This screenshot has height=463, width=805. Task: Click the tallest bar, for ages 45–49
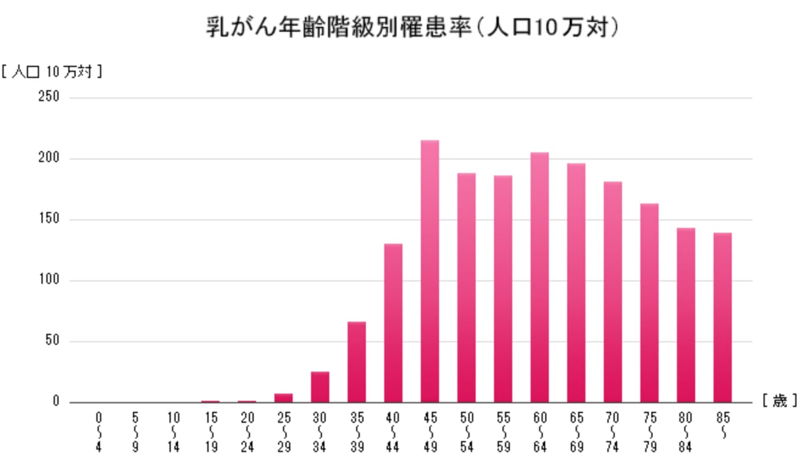429,271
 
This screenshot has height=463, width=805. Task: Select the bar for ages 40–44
393,323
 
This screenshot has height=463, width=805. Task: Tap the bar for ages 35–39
356,362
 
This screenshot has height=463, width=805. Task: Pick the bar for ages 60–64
539,277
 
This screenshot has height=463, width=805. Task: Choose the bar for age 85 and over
722,317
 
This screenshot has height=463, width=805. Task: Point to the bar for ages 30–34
320,387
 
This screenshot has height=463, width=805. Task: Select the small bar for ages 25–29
283,398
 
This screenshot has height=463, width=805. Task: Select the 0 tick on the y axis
55,402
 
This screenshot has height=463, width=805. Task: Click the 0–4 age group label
99,433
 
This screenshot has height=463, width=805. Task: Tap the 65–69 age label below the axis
576,433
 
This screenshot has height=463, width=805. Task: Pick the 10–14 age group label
173,433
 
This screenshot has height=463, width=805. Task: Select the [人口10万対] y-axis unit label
51,72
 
